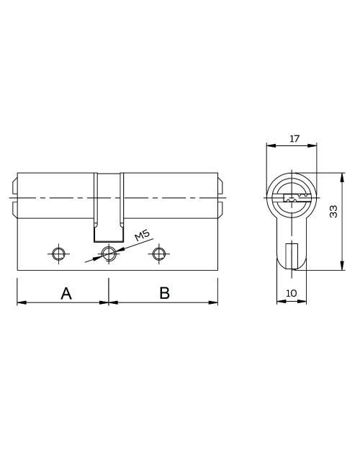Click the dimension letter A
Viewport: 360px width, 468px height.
66,293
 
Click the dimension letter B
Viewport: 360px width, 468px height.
164,293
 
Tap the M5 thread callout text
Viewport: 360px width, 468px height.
142,235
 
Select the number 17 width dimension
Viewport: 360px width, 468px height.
294,138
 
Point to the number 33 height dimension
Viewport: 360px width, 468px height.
333,211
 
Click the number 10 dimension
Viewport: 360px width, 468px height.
292,293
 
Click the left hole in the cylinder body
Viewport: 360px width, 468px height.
58,253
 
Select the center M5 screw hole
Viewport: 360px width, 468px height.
109,253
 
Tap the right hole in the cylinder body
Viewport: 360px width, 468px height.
159,253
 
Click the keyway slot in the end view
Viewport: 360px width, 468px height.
295,197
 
